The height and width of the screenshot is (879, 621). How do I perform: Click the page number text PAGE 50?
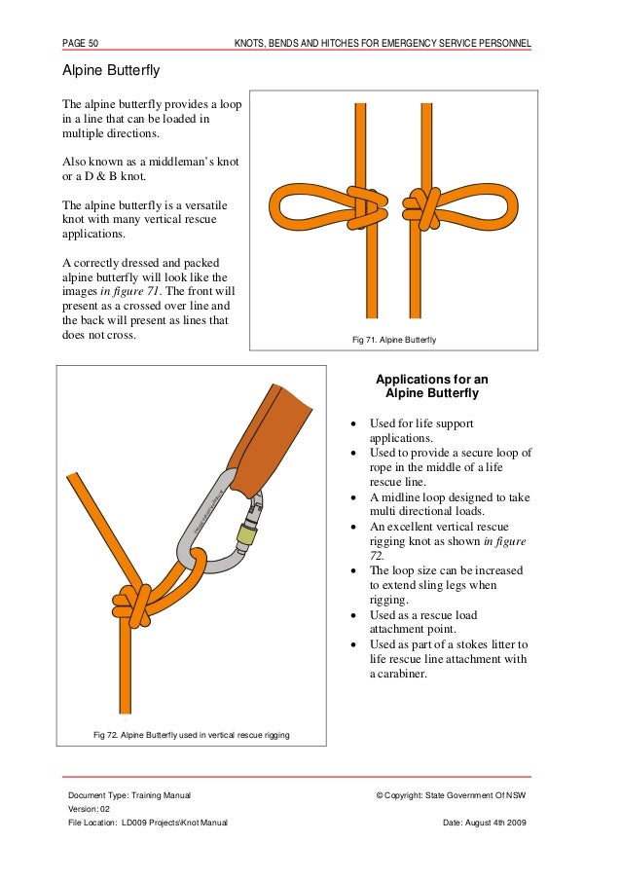click(84, 43)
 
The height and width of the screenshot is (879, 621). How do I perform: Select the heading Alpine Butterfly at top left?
click(111, 71)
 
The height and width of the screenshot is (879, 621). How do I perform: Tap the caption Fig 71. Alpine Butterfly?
click(393, 339)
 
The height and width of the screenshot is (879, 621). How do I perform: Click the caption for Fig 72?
click(191, 734)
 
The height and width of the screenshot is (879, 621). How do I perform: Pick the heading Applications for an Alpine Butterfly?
click(432, 386)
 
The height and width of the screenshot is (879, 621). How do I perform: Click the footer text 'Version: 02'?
click(90, 810)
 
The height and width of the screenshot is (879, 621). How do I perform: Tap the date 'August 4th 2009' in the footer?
click(497, 823)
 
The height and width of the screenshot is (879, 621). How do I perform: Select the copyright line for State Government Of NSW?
click(450, 796)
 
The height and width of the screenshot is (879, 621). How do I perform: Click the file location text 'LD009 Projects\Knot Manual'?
click(174, 823)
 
